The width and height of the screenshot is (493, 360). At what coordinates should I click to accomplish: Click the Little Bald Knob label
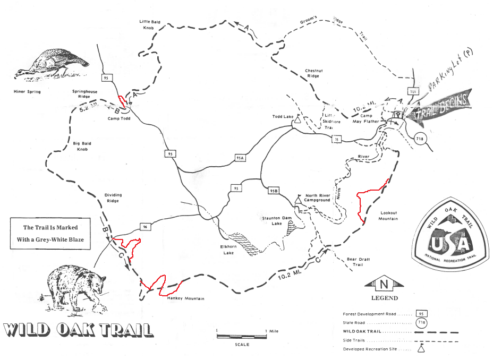[150, 25]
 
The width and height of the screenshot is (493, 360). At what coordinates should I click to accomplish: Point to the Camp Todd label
[119, 118]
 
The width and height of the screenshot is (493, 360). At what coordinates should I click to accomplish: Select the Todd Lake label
[283, 116]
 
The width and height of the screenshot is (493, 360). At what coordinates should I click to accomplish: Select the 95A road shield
[240, 158]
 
